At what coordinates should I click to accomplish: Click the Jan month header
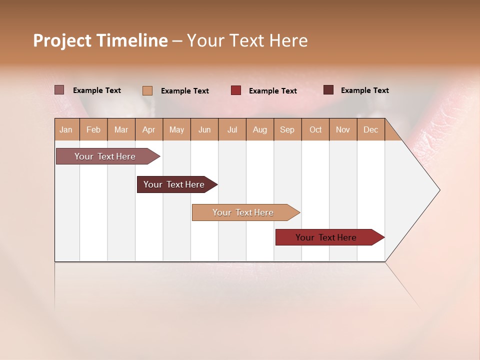[66, 129]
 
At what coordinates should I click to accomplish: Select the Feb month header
[93, 129]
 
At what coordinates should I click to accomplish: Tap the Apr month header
[149, 129]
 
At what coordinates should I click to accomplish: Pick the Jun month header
[204, 129]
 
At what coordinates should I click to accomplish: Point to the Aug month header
[260, 129]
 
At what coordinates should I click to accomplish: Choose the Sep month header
[287, 129]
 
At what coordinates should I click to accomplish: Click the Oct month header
[315, 129]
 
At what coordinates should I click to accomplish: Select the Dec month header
[371, 129]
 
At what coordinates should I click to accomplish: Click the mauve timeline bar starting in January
[105, 156]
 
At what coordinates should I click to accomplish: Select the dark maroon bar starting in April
[174, 184]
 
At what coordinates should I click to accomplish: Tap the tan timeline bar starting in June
[243, 212]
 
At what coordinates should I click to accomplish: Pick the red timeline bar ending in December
[326, 237]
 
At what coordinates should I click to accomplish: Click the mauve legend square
[59, 90]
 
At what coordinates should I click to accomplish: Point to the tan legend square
[147, 90]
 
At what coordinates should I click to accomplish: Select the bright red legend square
[236, 90]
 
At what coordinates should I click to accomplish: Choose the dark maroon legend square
[328, 90]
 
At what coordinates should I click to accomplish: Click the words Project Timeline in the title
[100, 40]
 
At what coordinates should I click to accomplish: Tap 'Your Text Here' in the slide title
[247, 40]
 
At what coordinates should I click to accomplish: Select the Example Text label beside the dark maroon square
[365, 90]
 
